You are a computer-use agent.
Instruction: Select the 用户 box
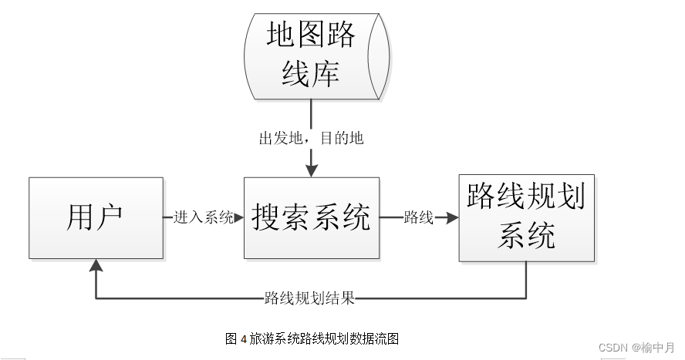click(96, 218)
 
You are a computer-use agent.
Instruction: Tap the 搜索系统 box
click(311, 218)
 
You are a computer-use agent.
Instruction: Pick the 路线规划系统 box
click(526, 218)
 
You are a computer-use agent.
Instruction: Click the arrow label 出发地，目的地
click(311, 139)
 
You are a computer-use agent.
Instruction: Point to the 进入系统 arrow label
click(204, 218)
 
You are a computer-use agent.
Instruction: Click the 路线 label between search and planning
click(419, 218)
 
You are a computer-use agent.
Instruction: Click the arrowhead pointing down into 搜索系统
click(311, 170)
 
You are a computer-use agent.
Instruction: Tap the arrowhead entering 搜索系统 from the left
click(238, 218)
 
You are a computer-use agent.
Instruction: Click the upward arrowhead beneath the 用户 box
click(96, 266)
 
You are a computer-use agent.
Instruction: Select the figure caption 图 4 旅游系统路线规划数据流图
click(311, 338)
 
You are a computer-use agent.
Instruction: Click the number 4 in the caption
click(243, 338)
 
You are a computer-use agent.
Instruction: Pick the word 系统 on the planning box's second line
click(526, 234)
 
